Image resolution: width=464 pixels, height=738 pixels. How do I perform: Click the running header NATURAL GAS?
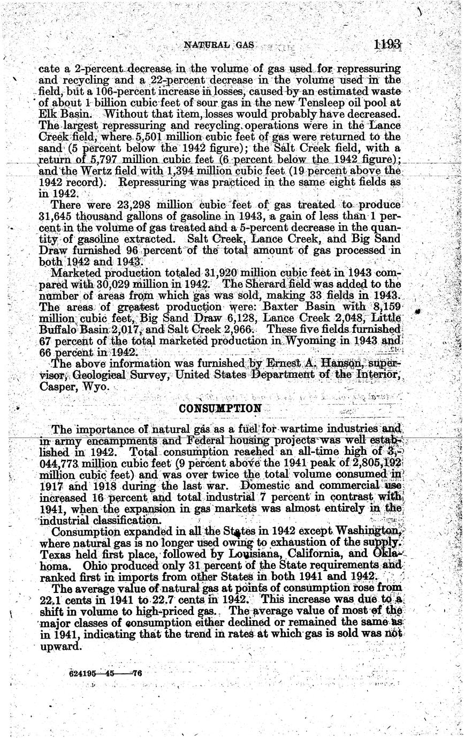[x=218, y=45]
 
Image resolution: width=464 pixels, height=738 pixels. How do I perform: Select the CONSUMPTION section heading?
[x=220, y=408]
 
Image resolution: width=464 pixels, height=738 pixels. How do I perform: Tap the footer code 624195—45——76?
[x=105, y=674]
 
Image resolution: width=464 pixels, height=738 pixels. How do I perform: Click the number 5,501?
[x=149, y=137]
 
